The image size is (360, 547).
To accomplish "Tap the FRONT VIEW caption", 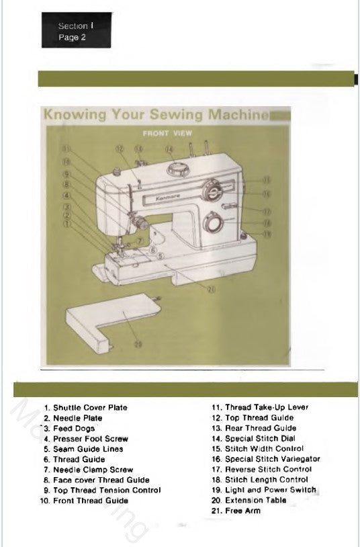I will click(x=167, y=133).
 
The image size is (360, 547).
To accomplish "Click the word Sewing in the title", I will click(x=172, y=114).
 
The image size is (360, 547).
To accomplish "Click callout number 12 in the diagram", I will click(x=120, y=149).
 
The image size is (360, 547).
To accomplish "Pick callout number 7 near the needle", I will click(x=139, y=240).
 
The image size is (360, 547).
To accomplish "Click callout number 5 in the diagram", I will click(x=161, y=257).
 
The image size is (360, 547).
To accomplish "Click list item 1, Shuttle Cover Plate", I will click(x=85, y=407).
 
